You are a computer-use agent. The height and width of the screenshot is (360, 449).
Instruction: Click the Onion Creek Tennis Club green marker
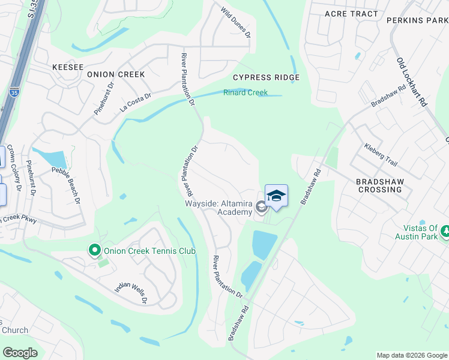[x=94, y=250]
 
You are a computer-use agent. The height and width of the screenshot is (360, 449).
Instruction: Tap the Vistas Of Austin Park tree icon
[x=445, y=231]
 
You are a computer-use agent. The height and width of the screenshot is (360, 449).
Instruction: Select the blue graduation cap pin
[x=276, y=196]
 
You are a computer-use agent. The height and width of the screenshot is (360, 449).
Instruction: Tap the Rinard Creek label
[x=246, y=92]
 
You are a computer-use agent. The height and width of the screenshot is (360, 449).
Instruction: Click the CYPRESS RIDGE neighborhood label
[x=266, y=77]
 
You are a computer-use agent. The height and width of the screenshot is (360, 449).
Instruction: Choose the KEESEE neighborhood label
[x=68, y=67]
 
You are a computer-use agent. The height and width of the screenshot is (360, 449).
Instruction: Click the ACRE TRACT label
[x=351, y=13]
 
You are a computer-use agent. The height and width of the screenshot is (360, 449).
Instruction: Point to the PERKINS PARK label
[x=417, y=20]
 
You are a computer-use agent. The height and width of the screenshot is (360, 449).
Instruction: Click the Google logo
[x=20, y=353]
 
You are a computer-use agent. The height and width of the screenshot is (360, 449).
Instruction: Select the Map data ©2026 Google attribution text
[x=411, y=355]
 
